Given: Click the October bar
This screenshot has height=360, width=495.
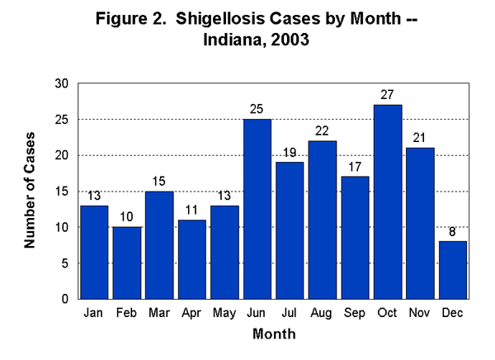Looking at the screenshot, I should coord(387,201).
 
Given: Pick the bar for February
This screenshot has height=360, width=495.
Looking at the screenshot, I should coord(128,263).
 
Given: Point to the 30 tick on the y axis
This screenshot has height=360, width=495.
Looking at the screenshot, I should coord(62,83).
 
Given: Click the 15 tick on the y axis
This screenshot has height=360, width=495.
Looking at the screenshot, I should coord(62,192).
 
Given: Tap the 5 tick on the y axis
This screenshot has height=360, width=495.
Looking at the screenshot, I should coord(65,263).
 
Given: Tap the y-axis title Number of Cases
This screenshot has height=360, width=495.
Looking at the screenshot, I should coord(30,190).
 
